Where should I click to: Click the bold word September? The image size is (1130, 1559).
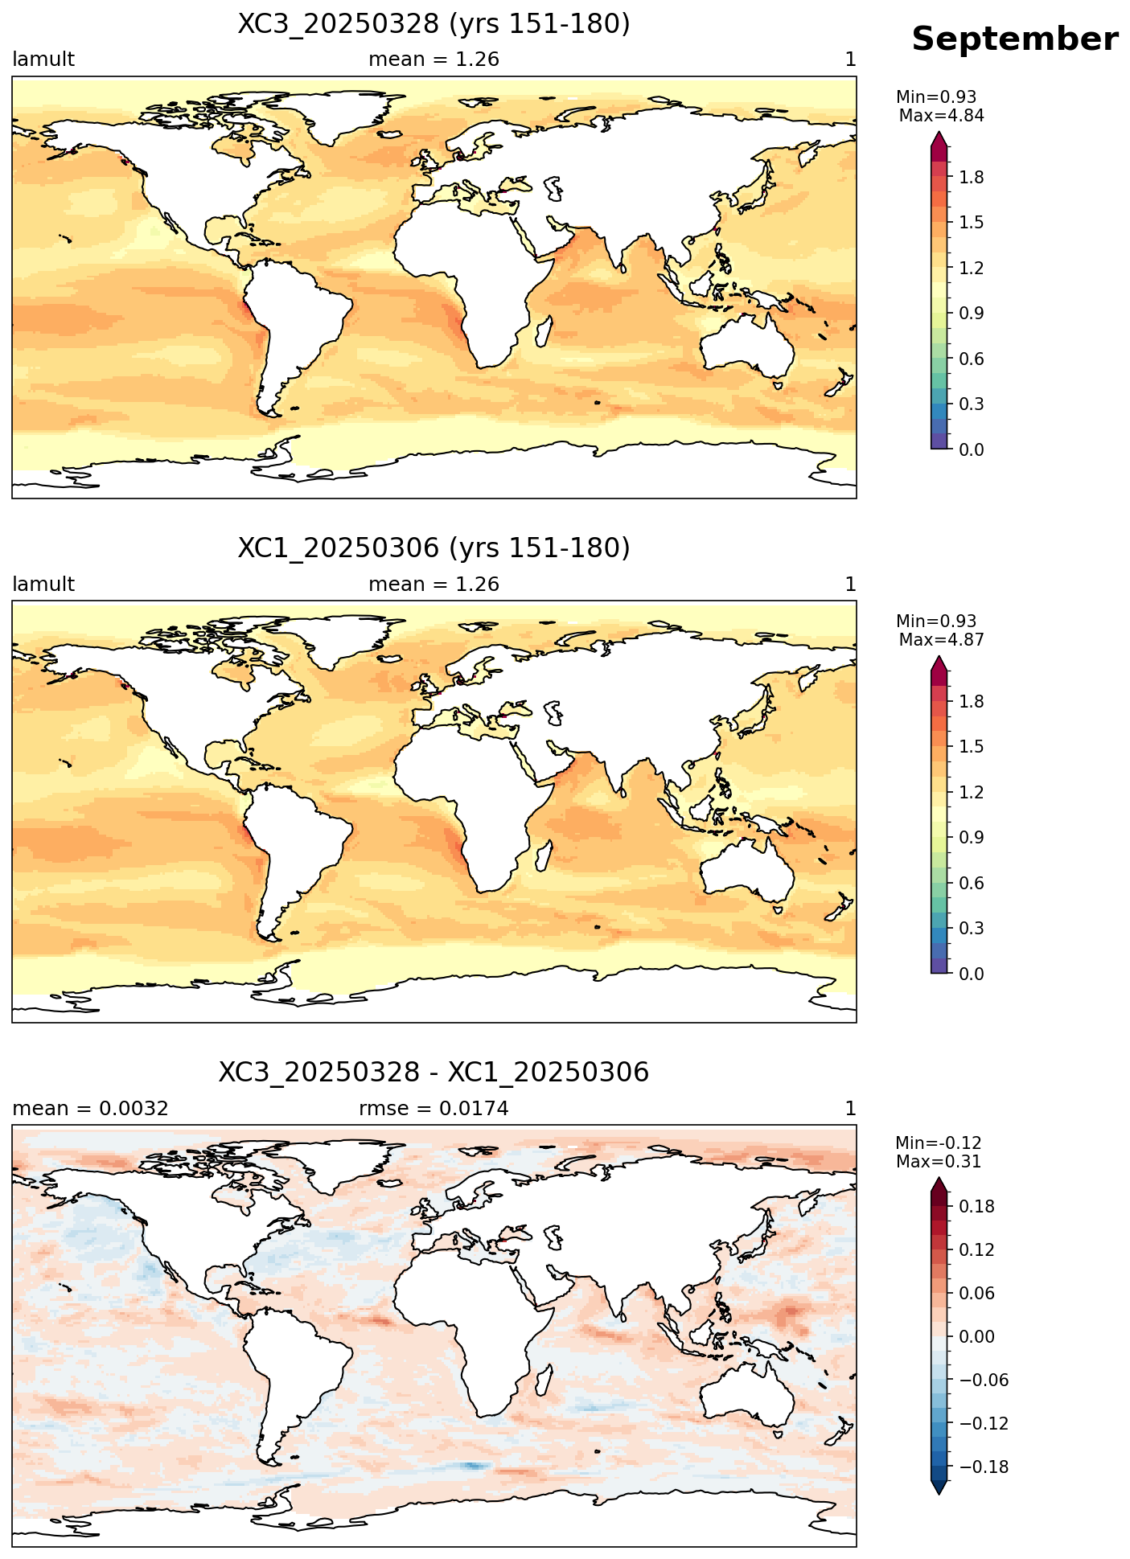pos(1014,39)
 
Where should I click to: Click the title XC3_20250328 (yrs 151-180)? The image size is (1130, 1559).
pos(434,24)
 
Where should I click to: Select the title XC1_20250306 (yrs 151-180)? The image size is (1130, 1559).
pos(434,548)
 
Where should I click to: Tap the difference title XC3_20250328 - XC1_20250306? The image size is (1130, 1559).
pos(434,1073)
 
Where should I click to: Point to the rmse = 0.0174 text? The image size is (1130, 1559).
pos(434,1109)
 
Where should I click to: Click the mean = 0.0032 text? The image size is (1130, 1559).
pos(90,1109)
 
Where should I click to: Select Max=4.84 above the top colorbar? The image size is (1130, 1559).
pos(941,116)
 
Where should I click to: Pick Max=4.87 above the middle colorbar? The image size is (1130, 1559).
pos(941,640)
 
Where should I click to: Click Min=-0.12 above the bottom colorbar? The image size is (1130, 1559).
pos(939,1143)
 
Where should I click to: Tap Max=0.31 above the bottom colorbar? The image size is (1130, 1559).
pos(939,1162)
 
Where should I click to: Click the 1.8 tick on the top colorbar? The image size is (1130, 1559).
pos(972,177)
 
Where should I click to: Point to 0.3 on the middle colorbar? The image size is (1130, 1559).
pos(972,929)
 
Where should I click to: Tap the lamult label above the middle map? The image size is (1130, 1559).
pos(43,585)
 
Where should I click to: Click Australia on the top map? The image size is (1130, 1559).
pos(746,344)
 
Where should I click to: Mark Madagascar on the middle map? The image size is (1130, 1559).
pos(544,855)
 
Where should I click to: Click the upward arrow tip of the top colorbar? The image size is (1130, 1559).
pos(939,133)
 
